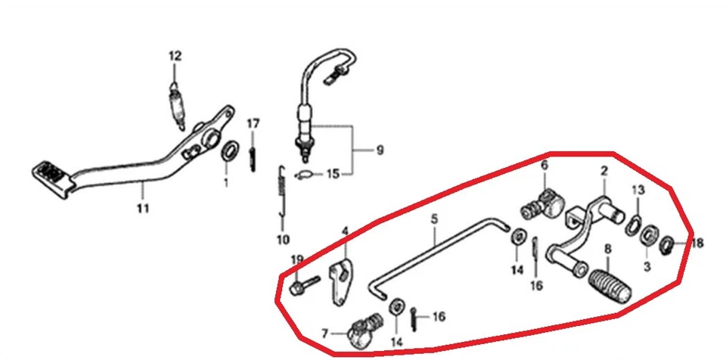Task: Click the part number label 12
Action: coord(175,56)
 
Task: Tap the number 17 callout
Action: coord(253,123)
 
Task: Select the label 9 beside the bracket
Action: coord(379,150)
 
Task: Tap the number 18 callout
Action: coord(697,244)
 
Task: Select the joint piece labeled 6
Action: coord(542,200)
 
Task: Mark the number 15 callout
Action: coord(333,175)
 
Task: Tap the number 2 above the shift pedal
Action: coord(604,172)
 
